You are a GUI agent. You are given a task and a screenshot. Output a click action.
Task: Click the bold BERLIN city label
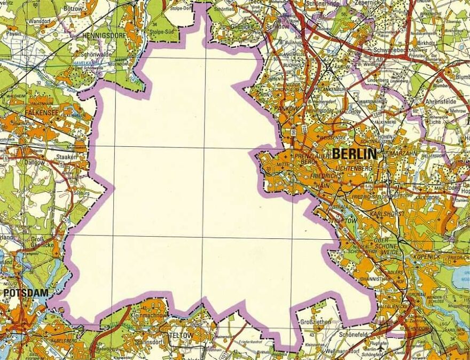(354, 154)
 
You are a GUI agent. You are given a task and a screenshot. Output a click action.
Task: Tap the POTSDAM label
(25, 293)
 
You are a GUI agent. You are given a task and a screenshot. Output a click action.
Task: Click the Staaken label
(67, 158)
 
